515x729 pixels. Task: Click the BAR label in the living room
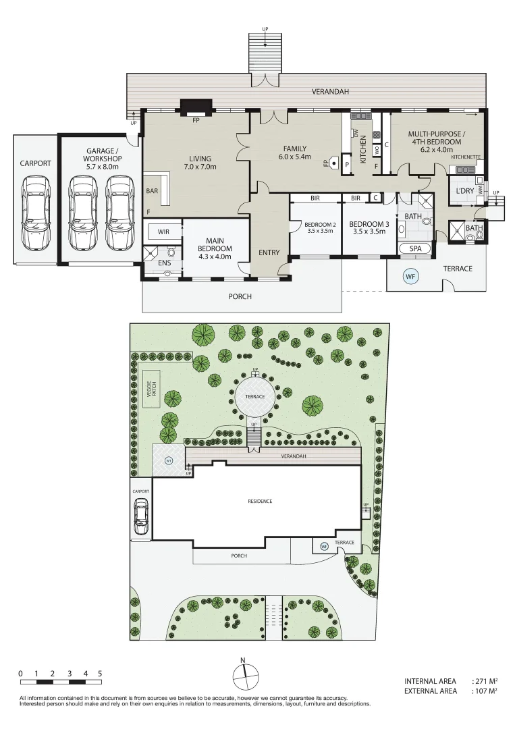152,191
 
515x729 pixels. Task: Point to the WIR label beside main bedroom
163,232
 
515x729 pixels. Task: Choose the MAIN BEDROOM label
216,244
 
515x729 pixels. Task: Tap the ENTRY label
269,252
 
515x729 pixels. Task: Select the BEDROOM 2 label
315,227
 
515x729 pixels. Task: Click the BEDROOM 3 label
368,227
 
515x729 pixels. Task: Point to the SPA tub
415,249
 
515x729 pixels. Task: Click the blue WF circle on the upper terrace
410,276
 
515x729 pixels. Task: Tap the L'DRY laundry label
464,191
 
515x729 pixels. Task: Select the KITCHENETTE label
466,157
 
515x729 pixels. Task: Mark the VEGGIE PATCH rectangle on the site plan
152,389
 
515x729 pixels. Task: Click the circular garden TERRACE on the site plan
254,396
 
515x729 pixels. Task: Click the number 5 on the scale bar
100,673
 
